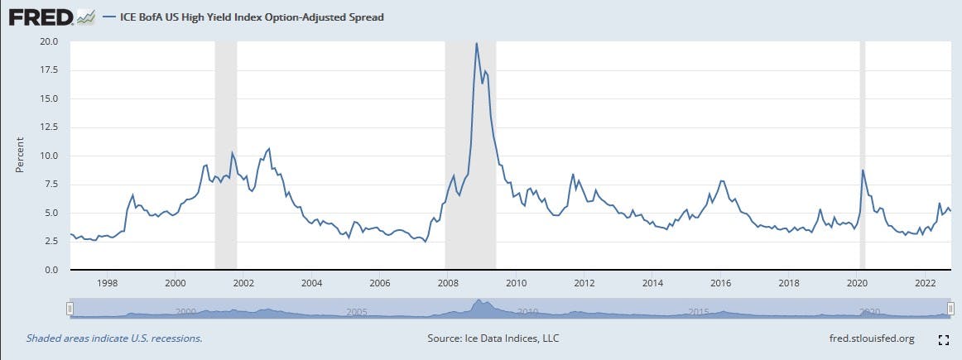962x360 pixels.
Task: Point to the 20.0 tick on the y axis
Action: [48, 41]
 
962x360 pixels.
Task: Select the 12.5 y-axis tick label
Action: [48, 127]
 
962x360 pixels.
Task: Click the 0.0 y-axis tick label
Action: [51, 271]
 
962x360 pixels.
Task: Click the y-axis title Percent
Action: [20, 156]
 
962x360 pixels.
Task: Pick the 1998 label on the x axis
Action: [107, 283]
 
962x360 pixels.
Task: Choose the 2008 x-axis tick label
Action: [448, 283]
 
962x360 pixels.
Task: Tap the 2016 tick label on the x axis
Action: [721, 283]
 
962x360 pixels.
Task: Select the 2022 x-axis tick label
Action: [926, 283]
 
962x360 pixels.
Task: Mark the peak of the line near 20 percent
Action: [476, 43]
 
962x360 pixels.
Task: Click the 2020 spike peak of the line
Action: [863, 170]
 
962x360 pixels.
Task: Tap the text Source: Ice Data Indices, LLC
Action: [492, 338]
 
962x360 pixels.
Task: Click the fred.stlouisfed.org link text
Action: [871, 338]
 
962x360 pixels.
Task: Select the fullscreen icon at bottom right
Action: [943, 339]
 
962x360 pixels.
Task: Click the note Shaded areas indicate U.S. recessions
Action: [114, 338]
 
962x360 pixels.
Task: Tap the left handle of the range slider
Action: [70, 309]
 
